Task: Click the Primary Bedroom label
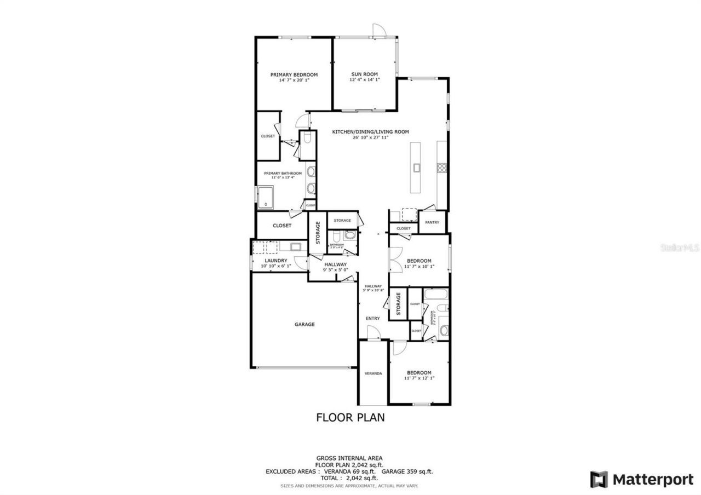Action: [x=294, y=75]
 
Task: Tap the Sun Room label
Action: [x=364, y=75]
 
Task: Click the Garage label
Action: [x=304, y=325]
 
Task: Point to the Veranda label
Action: [x=373, y=373]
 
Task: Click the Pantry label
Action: [x=432, y=222]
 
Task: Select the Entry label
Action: [x=372, y=318]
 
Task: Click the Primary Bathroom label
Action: [x=283, y=174]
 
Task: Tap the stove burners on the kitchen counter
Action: [x=441, y=168]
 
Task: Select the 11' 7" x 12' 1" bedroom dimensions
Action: [x=419, y=378]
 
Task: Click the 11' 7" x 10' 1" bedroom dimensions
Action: [x=419, y=267]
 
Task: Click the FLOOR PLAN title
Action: [x=350, y=418]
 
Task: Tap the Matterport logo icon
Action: [x=599, y=480]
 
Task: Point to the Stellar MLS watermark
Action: [x=680, y=248]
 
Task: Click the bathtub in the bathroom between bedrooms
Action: [x=436, y=296]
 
